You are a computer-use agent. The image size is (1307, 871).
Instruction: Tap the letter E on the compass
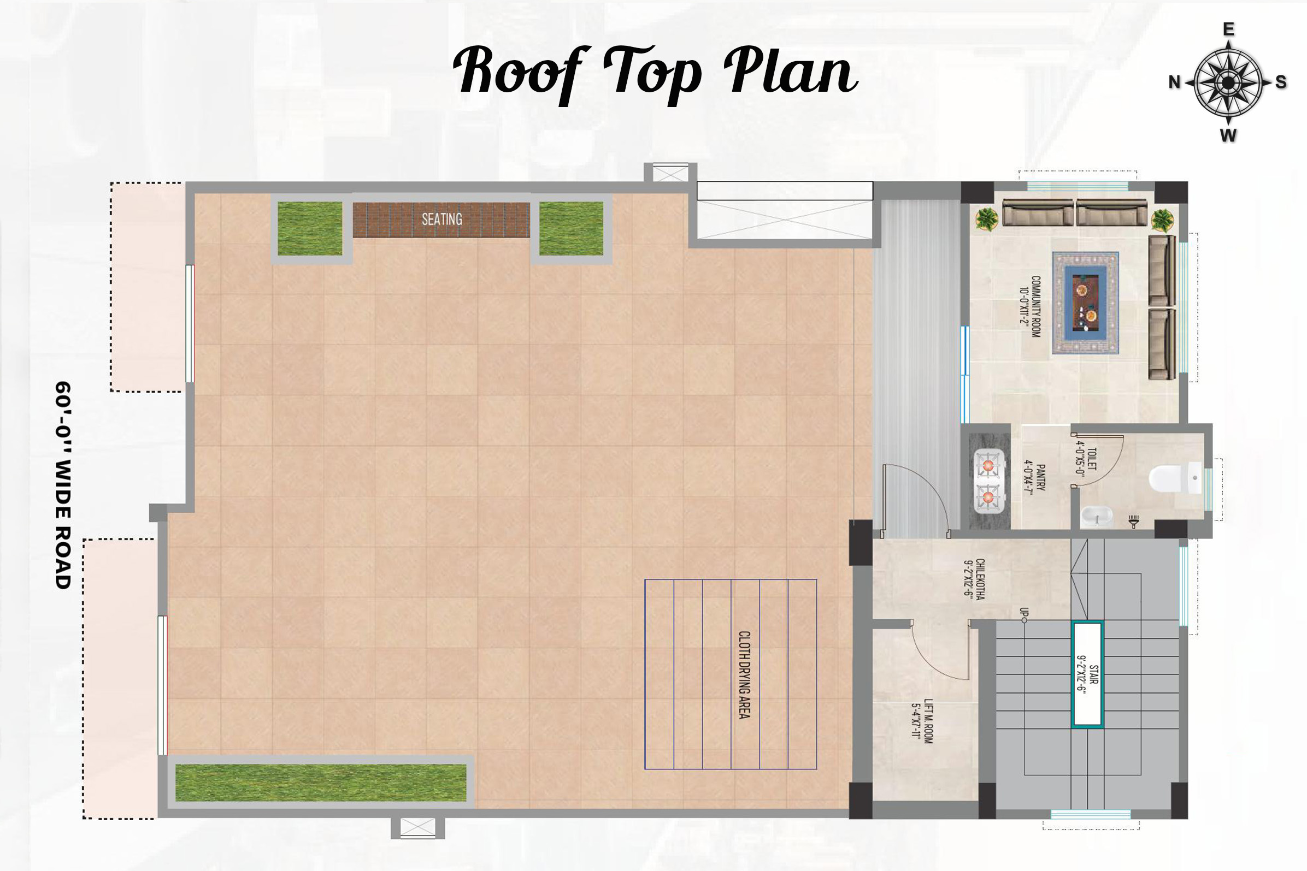pyautogui.click(x=1229, y=29)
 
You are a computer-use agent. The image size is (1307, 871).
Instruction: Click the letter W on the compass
pyautogui.click(x=1228, y=135)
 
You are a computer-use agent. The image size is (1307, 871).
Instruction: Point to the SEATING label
pyautogui.click(x=442, y=220)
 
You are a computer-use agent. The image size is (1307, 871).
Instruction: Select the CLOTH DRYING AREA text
pyautogui.click(x=744, y=674)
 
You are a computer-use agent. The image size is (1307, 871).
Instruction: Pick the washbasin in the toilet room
pyautogui.click(x=1095, y=517)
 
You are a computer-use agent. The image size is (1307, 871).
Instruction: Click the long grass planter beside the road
pyautogui.click(x=321, y=782)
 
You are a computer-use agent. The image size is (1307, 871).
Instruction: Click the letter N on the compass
pyautogui.click(x=1174, y=82)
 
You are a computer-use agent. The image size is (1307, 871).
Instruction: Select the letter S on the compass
pyautogui.click(x=1281, y=82)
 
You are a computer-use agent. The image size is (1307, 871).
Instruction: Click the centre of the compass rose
pyautogui.click(x=1228, y=83)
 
